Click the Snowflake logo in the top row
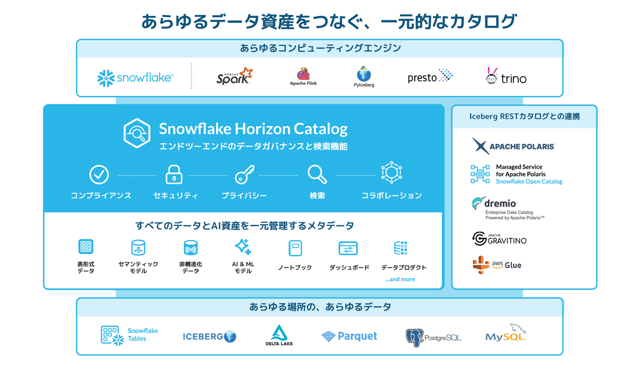(x=135, y=78)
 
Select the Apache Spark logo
(x=234, y=76)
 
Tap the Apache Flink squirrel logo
(x=303, y=74)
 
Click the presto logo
(x=430, y=77)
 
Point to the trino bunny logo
(x=506, y=76)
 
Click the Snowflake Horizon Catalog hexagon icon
(x=137, y=133)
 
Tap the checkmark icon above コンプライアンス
(x=99, y=174)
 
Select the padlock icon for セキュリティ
(x=174, y=174)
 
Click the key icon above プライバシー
(x=244, y=174)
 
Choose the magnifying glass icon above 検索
(x=317, y=174)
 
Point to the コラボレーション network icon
(x=391, y=173)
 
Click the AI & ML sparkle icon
(x=243, y=247)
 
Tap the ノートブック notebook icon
(x=294, y=248)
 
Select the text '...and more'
(x=400, y=279)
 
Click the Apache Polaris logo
(x=513, y=146)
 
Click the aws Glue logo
(x=497, y=265)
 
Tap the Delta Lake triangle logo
(x=279, y=334)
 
